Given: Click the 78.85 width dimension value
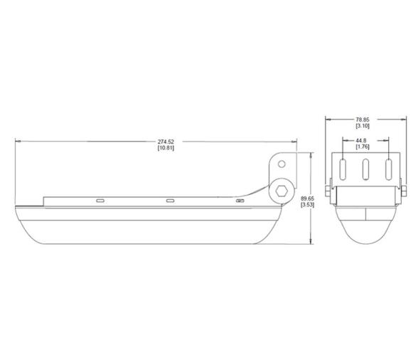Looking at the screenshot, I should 363,120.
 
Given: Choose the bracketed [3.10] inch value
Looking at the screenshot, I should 363,126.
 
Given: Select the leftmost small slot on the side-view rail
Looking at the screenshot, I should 100,201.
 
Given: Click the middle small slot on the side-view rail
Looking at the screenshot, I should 171,201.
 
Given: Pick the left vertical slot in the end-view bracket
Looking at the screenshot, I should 343,170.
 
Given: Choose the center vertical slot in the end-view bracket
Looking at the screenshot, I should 365,170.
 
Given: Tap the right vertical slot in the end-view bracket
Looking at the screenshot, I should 388,170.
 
